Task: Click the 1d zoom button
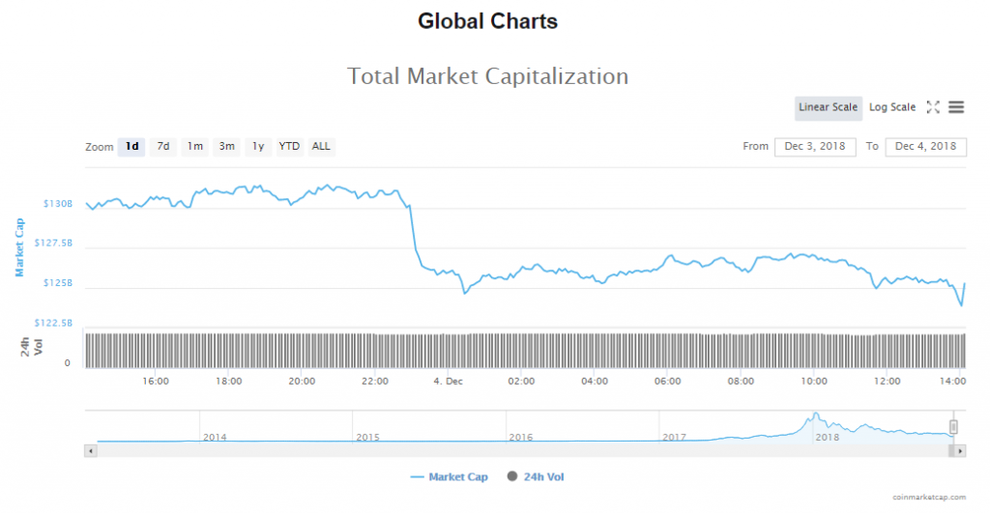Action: [x=131, y=147]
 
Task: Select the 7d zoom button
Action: [x=163, y=147]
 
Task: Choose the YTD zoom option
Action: [x=289, y=147]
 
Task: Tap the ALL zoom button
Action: [x=321, y=147]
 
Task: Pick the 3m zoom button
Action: [x=227, y=147]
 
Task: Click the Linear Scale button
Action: [x=829, y=107]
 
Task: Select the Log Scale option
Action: [x=892, y=107]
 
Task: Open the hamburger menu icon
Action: [x=956, y=107]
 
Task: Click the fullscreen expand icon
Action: [x=933, y=107]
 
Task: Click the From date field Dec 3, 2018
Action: [x=815, y=146]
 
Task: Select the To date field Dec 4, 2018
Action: [x=925, y=146]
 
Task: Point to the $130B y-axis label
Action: [x=57, y=204]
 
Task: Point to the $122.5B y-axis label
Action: [x=53, y=323]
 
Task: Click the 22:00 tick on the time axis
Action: [x=375, y=382]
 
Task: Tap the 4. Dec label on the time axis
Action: [x=450, y=382]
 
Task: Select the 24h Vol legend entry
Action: [x=541, y=477]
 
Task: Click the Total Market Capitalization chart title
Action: [x=488, y=76]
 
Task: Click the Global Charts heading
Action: [x=488, y=20]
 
